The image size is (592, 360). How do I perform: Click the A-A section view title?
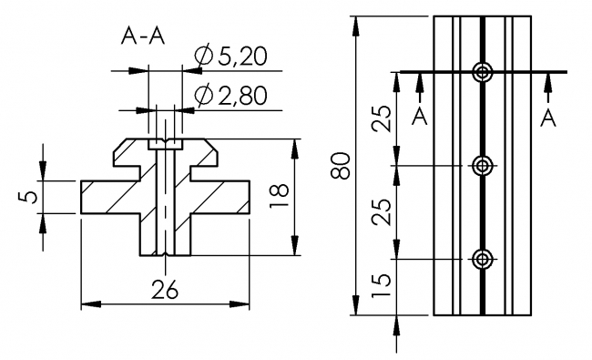(x=143, y=37)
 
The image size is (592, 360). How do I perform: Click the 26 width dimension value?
(x=164, y=290)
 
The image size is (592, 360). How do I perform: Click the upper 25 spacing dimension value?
(x=383, y=118)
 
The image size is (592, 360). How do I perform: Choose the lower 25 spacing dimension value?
(x=383, y=212)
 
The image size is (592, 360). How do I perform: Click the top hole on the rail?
(x=483, y=72)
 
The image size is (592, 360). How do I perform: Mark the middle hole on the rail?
(x=483, y=166)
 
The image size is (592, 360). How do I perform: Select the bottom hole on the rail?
(x=483, y=260)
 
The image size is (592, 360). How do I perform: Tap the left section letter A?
(x=419, y=116)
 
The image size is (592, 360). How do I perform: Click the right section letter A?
(x=547, y=116)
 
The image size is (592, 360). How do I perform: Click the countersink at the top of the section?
(x=165, y=143)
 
